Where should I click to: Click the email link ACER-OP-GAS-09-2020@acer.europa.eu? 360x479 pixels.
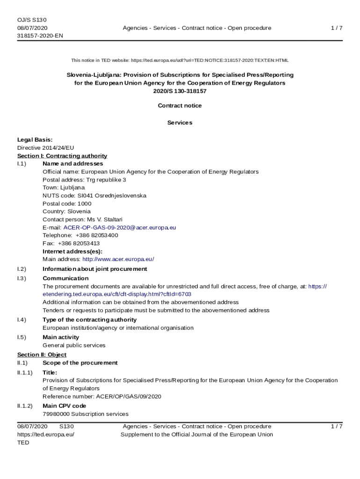click(x=120, y=227)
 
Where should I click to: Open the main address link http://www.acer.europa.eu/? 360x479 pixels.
click(x=118, y=259)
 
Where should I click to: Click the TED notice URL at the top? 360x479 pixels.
click(x=209, y=60)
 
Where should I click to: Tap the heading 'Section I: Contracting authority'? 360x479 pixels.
click(x=62, y=156)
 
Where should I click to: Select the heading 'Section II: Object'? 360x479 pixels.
click(x=42, y=355)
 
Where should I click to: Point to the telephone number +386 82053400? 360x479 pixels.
click(x=96, y=235)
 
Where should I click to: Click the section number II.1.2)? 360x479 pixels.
click(x=25, y=406)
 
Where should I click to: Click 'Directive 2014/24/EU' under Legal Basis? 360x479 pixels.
click(x=45, y=148)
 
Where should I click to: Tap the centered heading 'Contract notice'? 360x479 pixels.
click(x=180, y=106)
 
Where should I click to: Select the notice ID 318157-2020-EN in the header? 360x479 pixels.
click(x=40, y=36)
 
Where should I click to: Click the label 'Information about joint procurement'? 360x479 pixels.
click(x=94, y=269)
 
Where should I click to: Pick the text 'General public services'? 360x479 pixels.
click(x=74, y=345)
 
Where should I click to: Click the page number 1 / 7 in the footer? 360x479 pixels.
click(x=337, y=426)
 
